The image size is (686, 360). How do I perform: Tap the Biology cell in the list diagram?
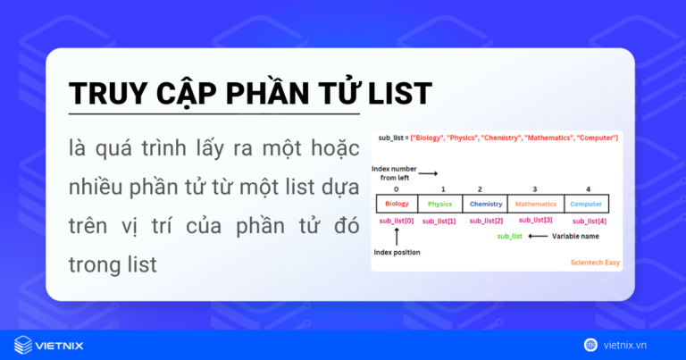pyautogui.click(x=397, y=204)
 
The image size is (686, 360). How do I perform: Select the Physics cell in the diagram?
pyautogui.click(x=440, y=204)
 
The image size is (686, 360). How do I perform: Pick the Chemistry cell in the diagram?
pyautogui.click(x=486, y=204)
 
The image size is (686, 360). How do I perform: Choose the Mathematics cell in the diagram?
pyautogui.click(x=536, y=204)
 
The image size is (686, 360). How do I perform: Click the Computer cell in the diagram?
pyautogui.click(x=587, y=204)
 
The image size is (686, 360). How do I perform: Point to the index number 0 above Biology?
pyautogui.click(x=396, y=189)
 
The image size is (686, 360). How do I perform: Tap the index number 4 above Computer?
pyautogui.click(x=588, y=189)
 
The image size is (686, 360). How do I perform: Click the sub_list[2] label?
pyautogui.click(x=486, y=221)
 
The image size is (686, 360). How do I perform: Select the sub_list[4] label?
pyautogui.click(x=589, y=221)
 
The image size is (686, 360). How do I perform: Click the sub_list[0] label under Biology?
pyautogui.click(x=397, y=220)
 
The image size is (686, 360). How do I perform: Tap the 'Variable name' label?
pyautogui.click(x=576, y=237)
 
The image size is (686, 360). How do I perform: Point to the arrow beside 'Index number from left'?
pyautogui.click(x=428, y=173)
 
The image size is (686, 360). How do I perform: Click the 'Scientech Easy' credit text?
pyautogui.click(x=595, y=264)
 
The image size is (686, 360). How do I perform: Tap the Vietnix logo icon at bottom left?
pyautogui.click(x=23, y=344)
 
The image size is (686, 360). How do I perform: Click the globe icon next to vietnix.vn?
pyautogui.click(x=590, y=344)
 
